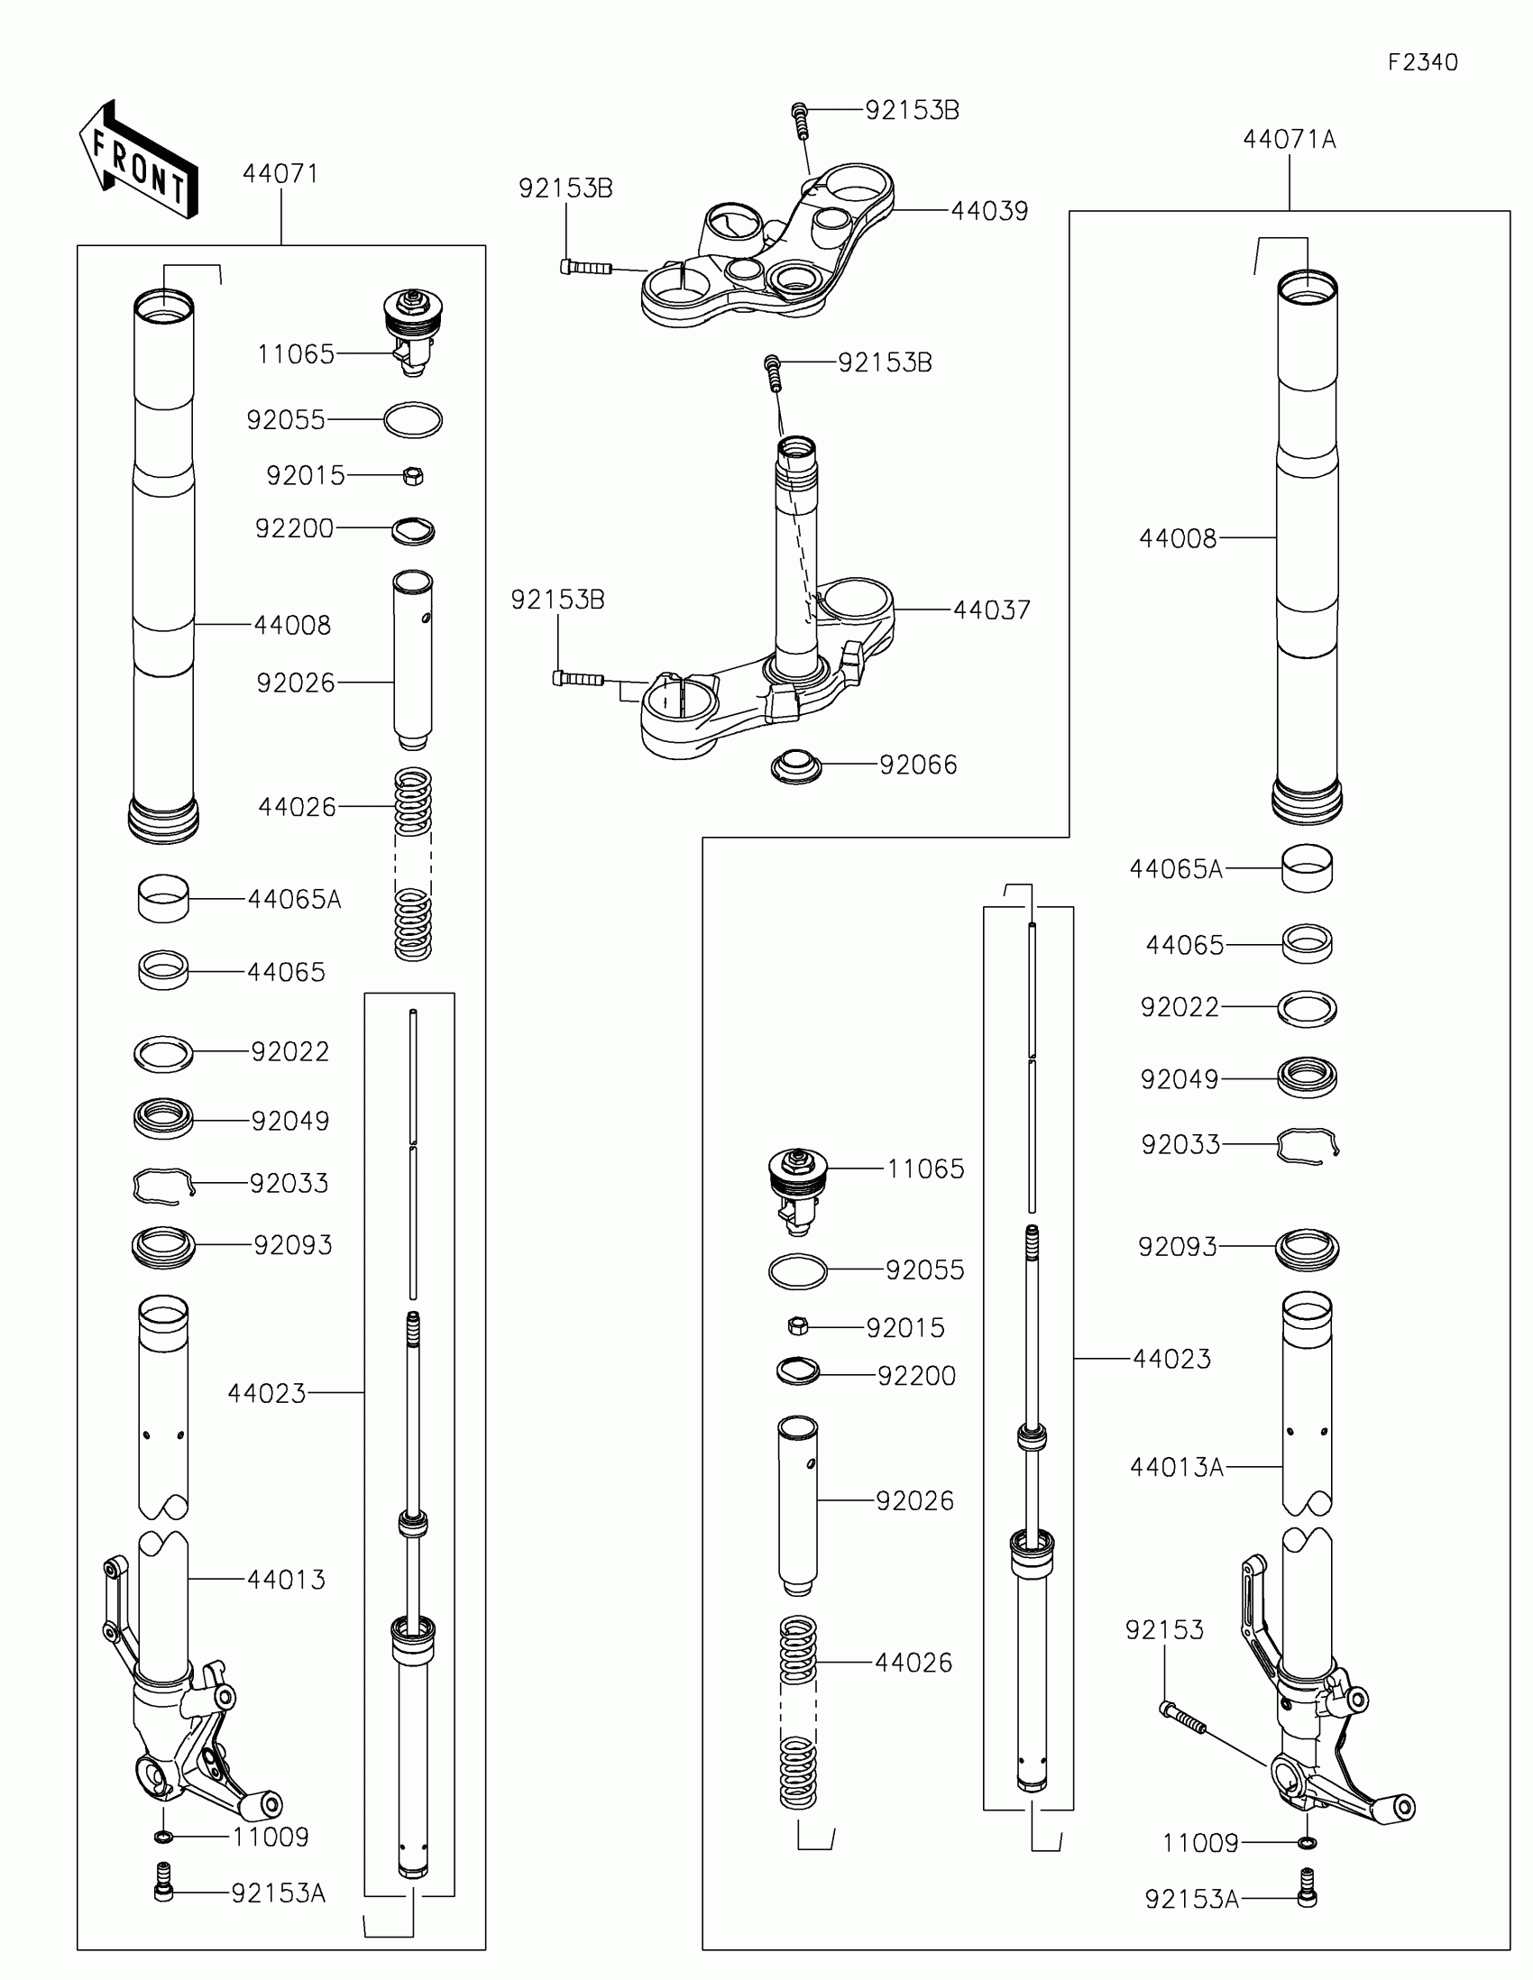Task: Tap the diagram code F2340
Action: coord(1422,62)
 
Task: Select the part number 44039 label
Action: coord(989,211)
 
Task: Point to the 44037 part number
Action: coord(992,610)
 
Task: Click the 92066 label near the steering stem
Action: coord(918,765)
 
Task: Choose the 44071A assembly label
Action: coord(1290,140)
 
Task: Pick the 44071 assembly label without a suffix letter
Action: coord(280,174)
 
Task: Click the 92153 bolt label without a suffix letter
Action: coord(1164,1630)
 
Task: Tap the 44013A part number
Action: coord(1177,1467)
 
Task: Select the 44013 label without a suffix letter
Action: coord(287,1580)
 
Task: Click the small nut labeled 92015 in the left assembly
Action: coord(412,475)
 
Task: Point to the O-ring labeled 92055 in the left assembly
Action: coord(412,421)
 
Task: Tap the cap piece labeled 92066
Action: coord(796,766)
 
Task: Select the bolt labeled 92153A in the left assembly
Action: coord(163,1892)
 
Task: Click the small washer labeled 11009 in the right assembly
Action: coord(1308,1843)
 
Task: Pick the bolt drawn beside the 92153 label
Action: coord(1182,1717)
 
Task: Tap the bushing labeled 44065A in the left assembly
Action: coord(163,898)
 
